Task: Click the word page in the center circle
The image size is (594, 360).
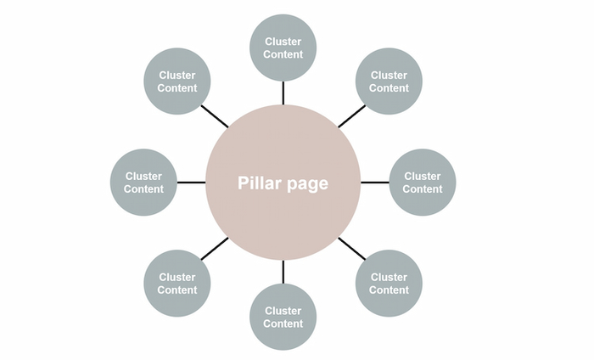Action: coord(308,184)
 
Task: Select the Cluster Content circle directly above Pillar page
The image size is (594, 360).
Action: coord(283,48)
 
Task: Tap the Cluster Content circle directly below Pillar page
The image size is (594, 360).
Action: coord(283,317)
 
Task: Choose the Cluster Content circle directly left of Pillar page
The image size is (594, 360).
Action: coord(143,183)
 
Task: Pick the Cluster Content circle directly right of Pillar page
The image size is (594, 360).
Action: coord(423,183)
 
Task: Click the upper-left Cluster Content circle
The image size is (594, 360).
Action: coord(177,82)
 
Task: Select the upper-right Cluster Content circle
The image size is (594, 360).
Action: coord(389,82)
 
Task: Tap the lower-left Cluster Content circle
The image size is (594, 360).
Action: coord(177,283)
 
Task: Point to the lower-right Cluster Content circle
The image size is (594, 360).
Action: coord(389,283)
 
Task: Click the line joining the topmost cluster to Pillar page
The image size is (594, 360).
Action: coord(283,93)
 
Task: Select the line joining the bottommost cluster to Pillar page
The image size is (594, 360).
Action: coord(283,272)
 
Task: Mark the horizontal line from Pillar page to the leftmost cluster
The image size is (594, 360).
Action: coord(191,183)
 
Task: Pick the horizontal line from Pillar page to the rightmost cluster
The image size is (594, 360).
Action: coord(374,183)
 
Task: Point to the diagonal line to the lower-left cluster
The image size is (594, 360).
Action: coord(215,248)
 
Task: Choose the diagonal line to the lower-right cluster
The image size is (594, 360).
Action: coord(351,248)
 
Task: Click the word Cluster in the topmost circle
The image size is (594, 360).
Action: coord(283,42)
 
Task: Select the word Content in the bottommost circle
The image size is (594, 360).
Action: coord(283,323)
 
